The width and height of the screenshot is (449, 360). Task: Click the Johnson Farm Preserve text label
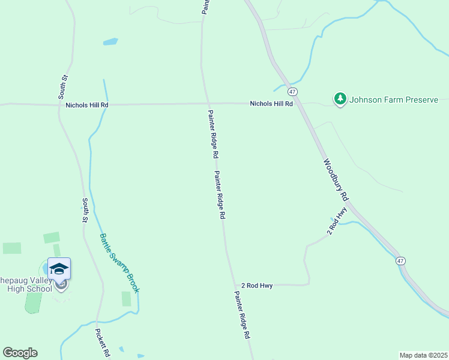[394, 100]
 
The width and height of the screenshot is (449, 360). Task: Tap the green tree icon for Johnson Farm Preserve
[340, 99]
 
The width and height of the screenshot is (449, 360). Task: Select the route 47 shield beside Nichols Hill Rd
[292, 91]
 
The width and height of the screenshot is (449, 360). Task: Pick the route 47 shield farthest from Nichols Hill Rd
[400, 260]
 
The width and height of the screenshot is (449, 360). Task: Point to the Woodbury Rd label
[336, 179]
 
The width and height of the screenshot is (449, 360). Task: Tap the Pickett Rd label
[103, 343]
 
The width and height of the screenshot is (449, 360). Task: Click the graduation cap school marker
[59, 268]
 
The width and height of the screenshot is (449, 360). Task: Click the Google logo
[20, 353]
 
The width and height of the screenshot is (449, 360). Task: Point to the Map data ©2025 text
[423, 355]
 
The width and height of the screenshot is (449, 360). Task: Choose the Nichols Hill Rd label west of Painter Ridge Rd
[87, 105]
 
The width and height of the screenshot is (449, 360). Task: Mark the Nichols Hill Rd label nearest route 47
[271, 104]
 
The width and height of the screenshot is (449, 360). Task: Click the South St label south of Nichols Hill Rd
[85, 211]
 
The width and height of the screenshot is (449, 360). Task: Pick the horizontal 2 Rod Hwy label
[257, 286]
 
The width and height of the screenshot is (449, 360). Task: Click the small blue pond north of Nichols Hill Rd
[110, 42]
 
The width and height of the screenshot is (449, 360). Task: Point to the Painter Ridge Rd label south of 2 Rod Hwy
[241, 316]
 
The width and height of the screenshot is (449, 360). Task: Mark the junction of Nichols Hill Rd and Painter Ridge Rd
[208, 104]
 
